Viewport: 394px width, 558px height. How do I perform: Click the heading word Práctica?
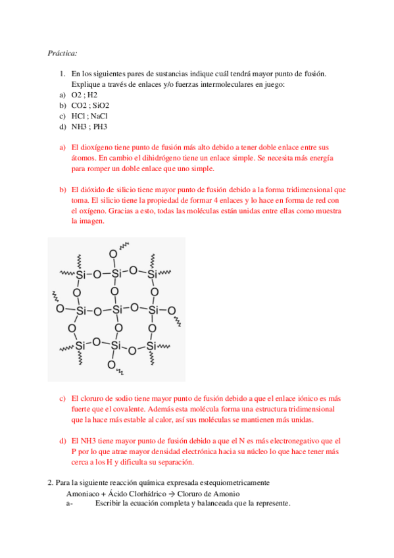(62, 52)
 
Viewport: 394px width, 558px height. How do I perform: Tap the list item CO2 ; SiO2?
(90, 105)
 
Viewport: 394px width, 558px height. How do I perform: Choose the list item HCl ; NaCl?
(89, 116)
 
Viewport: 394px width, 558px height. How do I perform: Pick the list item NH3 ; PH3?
(89, 126)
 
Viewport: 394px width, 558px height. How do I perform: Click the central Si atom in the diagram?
(116, 309)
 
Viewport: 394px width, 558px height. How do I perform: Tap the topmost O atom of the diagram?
(112, 254)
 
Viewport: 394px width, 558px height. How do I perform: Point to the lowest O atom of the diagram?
(112, 365)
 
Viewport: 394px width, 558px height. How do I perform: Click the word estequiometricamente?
(234, 483)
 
